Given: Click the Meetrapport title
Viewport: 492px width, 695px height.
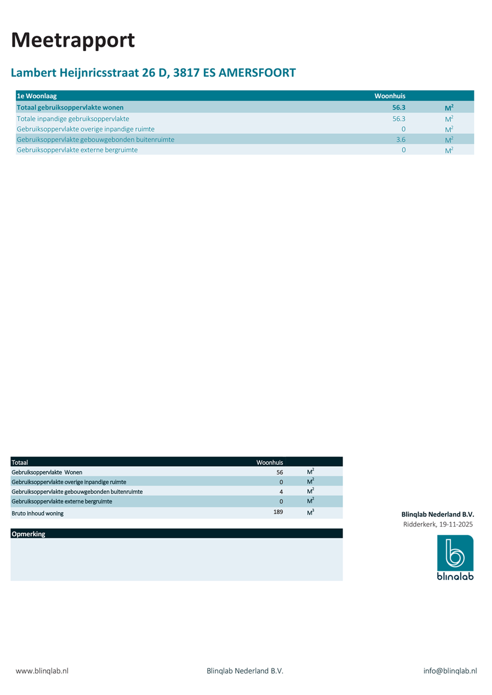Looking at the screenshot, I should tap(73, 40).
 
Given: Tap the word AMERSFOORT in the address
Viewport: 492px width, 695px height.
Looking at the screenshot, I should tap(257, 73).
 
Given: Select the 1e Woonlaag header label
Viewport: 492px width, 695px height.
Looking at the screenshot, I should tap(37, 96).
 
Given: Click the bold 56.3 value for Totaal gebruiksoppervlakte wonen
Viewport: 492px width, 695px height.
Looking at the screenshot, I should tap(399, 108).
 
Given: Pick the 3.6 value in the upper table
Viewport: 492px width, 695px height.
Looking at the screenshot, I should tap(401, 139).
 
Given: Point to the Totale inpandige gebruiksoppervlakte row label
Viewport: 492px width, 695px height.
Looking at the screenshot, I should tap(73, 119).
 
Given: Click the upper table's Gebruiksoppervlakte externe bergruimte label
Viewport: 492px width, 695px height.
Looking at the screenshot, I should tap(77, 150).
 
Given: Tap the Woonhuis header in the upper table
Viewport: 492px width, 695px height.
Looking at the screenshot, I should tap(390, 96).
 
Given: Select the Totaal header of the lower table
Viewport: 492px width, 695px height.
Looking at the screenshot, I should tap(20, 462).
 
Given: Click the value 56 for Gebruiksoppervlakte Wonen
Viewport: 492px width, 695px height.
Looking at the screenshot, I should tap(280, 473).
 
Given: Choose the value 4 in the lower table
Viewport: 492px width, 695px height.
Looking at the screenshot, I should tap(281, 492).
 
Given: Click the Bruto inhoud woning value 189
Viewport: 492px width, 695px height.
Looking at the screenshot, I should tap(278, 512).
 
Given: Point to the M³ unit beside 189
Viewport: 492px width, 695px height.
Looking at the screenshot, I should tap(310, 513).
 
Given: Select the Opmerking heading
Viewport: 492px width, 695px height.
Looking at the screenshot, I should tap(29, 534).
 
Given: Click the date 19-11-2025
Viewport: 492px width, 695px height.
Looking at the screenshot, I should tap(456, 524).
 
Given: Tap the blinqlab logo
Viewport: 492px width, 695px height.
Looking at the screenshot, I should tap(455, 557).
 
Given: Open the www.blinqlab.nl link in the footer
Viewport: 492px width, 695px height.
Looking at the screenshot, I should tap(42, 671).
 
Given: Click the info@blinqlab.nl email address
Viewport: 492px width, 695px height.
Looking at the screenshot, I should tap(450, 671).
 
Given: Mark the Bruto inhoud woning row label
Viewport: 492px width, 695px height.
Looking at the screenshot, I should tap(38, 514).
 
